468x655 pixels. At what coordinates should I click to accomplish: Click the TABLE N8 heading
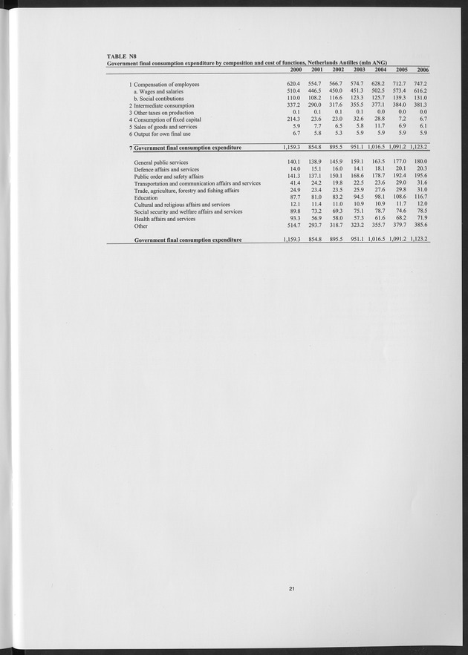click(122, 56)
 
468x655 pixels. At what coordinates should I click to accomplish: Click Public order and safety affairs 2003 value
click(362, 177)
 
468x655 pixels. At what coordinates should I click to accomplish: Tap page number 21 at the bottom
click(293, 589)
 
